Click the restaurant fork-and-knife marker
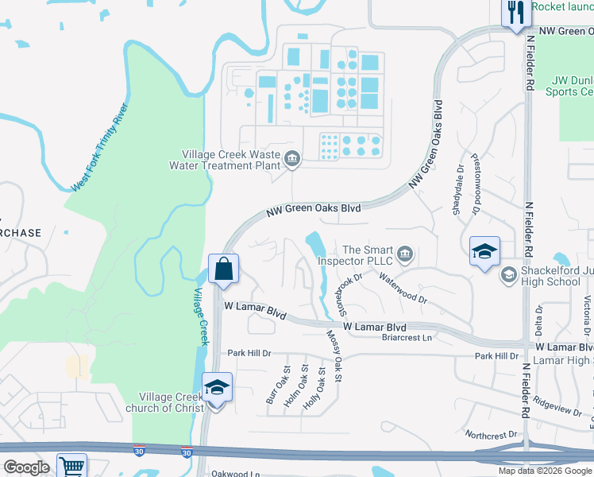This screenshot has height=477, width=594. click(515, 12)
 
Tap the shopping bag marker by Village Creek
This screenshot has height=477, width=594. click(223, 269)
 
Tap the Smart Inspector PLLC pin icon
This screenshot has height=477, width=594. click(405, 254)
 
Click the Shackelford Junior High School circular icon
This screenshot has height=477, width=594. click(507, 275)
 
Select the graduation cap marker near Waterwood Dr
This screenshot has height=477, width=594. click(484, 251)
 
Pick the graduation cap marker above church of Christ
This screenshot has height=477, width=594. click(217, 387)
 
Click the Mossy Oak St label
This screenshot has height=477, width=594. click(334, 357)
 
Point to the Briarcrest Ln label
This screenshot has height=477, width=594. click(406, 338)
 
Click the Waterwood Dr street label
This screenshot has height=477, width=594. click(403, 289)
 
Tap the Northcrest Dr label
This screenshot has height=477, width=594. click(492, 435)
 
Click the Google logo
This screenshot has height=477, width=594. click(25, 467)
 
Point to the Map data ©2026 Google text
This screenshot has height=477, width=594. click(545, 471)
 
